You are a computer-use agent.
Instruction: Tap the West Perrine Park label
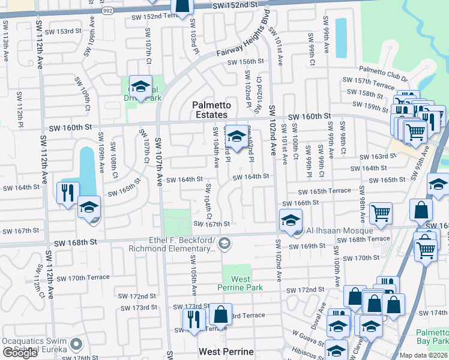[241, 283]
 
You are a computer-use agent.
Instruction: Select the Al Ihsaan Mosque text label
[339, 230]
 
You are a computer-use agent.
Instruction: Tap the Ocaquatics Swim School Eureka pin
[76, 344]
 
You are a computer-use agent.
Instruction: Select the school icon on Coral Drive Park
[140, 88]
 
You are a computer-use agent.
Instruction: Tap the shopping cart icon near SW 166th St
[381, 212]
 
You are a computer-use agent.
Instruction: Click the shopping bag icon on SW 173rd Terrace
[221, 314]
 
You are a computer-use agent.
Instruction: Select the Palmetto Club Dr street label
[384, 70]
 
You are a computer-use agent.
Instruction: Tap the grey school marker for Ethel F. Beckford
[224, 243]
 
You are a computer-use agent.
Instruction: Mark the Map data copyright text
[424, 355]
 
